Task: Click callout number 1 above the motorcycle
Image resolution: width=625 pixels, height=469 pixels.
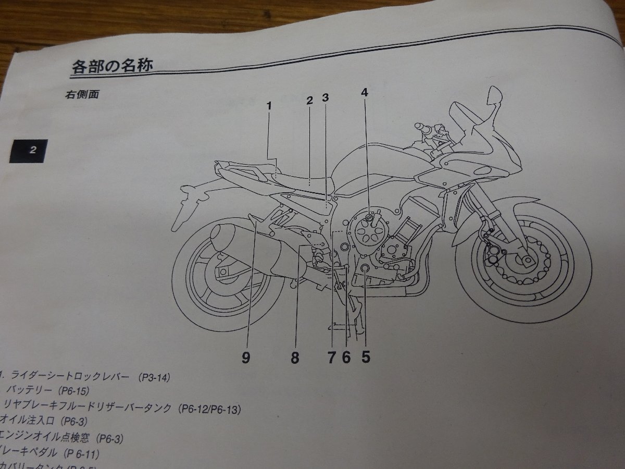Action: pyautogui.click(x=269, y=106)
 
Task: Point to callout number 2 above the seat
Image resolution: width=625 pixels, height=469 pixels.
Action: pyautogui.click(x=309, y=100)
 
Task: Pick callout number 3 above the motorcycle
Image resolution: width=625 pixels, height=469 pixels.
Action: pyautogui.click(x=326, y=97)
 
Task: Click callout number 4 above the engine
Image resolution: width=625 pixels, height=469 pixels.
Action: pyautogui.click(x=365, y=93)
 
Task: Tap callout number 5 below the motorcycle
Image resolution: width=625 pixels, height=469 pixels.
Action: pyautogui.click(x=366, y=357)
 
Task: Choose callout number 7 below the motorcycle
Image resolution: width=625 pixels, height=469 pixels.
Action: pyautogui.click(x=332, y=357)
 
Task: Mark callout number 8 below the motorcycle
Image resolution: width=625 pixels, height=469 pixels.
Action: pyautogui.click(x=295, y=359)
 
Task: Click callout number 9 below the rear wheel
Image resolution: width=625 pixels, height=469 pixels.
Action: pyautogui.click(x=246, y=359)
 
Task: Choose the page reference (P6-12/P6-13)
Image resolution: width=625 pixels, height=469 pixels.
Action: pyautogui.click(x=209, y=410)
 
